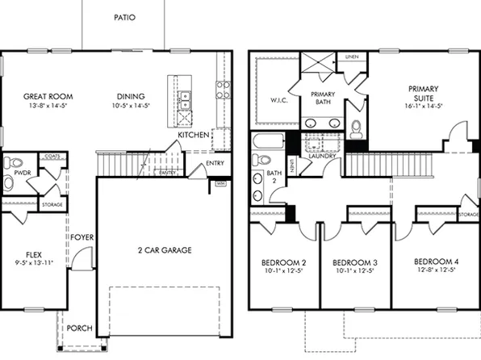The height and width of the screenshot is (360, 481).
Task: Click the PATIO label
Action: click(123, 17)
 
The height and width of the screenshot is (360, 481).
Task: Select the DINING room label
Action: click(131, 96)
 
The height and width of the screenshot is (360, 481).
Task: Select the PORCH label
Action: click(80, 329)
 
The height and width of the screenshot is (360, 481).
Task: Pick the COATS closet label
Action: click(52, 156)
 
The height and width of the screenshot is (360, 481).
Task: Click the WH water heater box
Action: click(220, 184)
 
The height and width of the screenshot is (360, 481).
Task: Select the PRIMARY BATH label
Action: click(323, 98)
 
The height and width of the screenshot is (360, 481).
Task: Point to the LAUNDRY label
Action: click(323, 156)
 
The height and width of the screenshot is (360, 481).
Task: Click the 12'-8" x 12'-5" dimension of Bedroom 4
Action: click(437, 273)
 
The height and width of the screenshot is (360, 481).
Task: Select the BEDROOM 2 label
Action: click(283, 263)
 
